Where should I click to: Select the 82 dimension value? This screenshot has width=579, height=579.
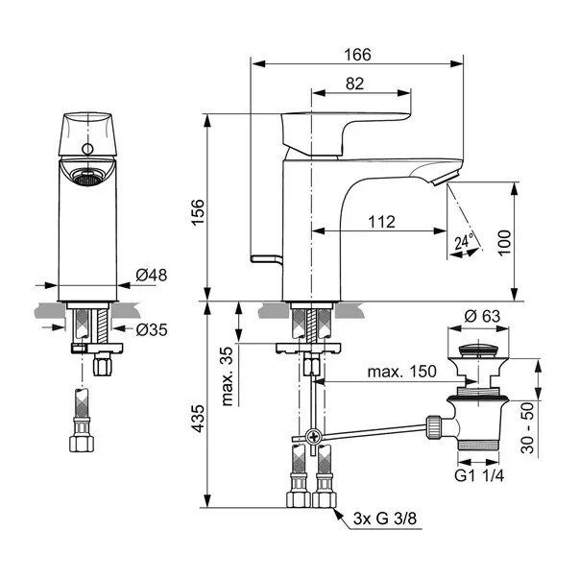click(x=354, y=84)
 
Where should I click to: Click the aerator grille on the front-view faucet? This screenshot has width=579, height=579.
click(x=87, y=177)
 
